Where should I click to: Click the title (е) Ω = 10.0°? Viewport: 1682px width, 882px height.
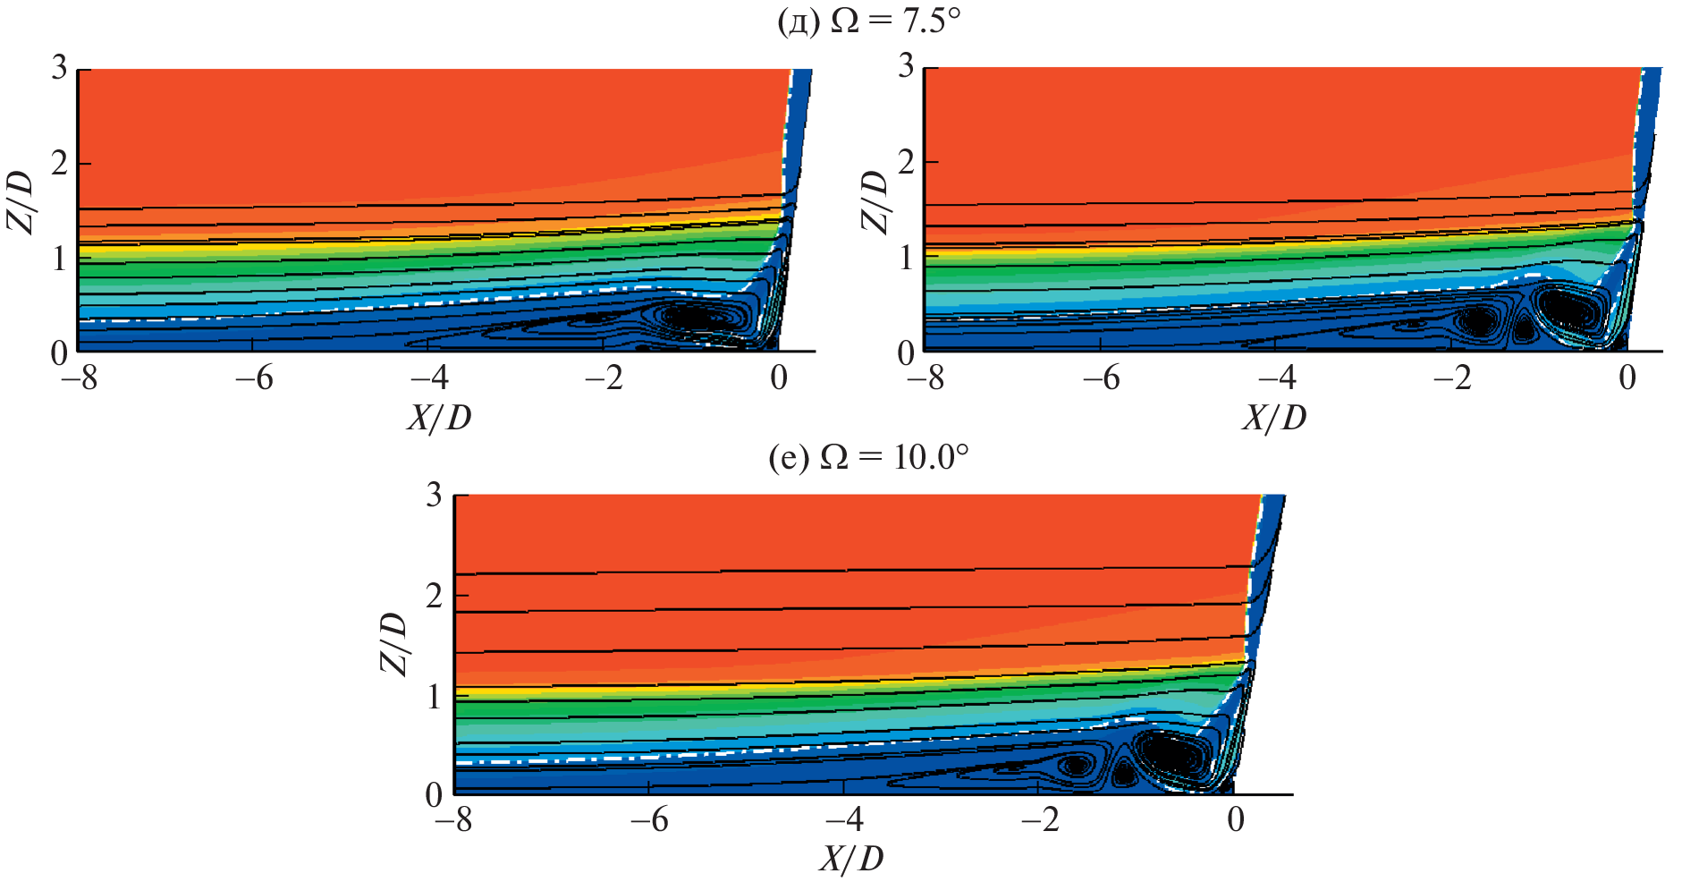868,458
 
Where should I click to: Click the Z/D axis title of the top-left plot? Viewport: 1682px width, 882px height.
22,202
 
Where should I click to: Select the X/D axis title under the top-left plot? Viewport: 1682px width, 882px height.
438,417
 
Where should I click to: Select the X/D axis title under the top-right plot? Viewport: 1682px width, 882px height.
1273,417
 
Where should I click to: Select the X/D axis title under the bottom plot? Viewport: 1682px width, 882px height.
850,859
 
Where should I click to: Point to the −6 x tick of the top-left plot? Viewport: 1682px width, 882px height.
254,378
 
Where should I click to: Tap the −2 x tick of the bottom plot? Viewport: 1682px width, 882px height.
1041,819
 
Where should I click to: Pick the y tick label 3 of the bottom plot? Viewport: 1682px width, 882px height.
435,495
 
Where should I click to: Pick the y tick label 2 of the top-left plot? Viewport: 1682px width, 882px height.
59,164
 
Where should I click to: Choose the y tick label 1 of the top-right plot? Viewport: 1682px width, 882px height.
906,259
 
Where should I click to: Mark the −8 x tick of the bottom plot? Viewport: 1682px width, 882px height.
453,819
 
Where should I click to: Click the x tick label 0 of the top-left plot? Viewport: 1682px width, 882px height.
779,378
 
